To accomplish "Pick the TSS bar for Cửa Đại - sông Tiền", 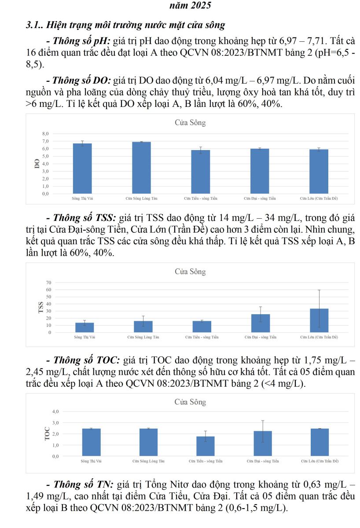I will coord(261,323).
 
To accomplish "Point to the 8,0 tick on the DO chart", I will coord(45,133).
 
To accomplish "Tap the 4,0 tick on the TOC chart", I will coord(55,411).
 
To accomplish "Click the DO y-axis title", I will coord(37,163).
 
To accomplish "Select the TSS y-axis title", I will coord(40,307).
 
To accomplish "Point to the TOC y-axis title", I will coord(47,434).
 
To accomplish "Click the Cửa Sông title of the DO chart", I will coord(190,123).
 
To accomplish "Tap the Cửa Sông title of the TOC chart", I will coord(190,402).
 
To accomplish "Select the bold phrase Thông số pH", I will coord(82,42).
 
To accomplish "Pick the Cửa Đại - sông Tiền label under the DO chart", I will coord(260,199).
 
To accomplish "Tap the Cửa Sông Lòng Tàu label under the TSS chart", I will coord(143,337).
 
